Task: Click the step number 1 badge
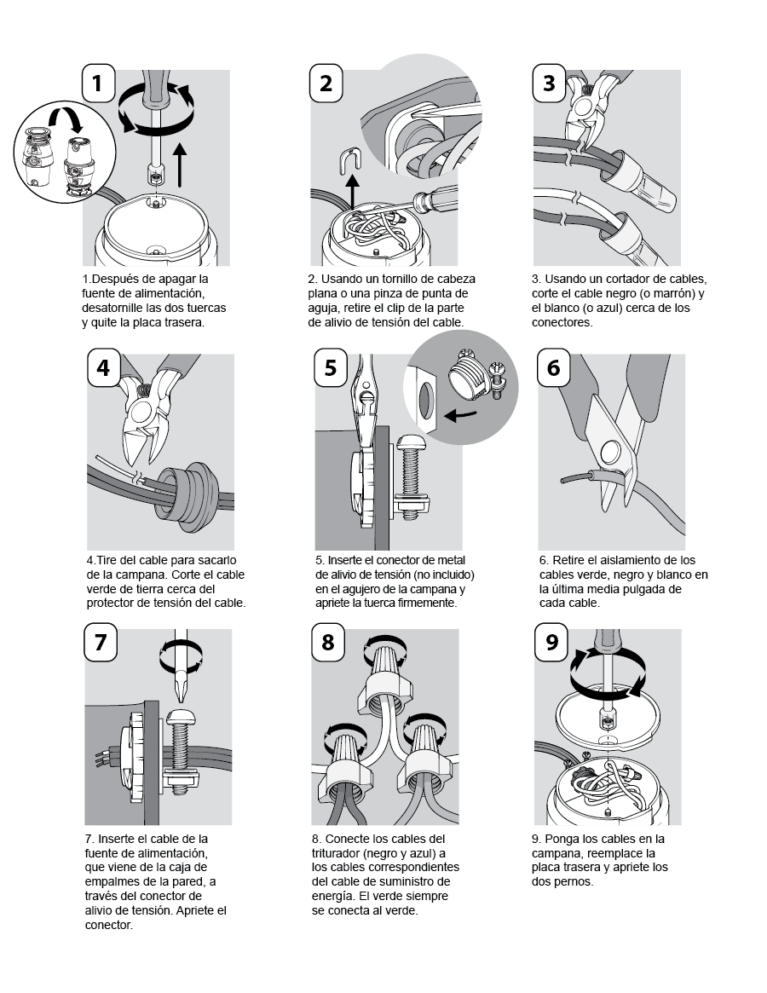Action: (x=98, y=83)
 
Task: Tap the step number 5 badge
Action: (x=331, y=367)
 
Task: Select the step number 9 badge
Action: (x=551, y=642)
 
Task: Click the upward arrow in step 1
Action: (x=180, y=165)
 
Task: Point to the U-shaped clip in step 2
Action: (x=349, y=159)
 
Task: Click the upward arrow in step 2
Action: (x=352, y=193)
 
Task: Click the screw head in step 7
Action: (x=182, y=718)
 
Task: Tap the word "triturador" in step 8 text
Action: (x=337, y=853)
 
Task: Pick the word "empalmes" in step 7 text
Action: (x=110, y=882)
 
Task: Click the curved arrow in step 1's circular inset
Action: (x=66, y=117)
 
